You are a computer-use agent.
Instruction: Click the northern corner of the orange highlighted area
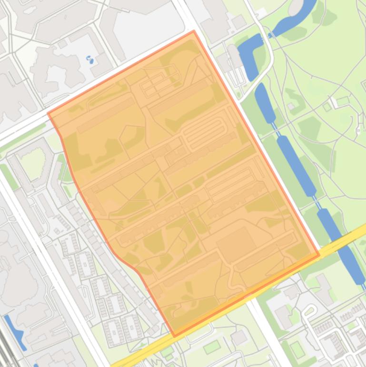click(x=194, y=31)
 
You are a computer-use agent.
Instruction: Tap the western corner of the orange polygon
click(x=49, y=114)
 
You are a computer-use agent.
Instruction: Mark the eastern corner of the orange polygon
click(x=319, y=255)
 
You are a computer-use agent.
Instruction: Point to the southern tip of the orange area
click(x=174, y=336)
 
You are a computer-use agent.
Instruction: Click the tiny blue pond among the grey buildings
click(x=89, y=60)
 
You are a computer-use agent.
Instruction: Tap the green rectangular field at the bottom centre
click(x=212, y=347)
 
